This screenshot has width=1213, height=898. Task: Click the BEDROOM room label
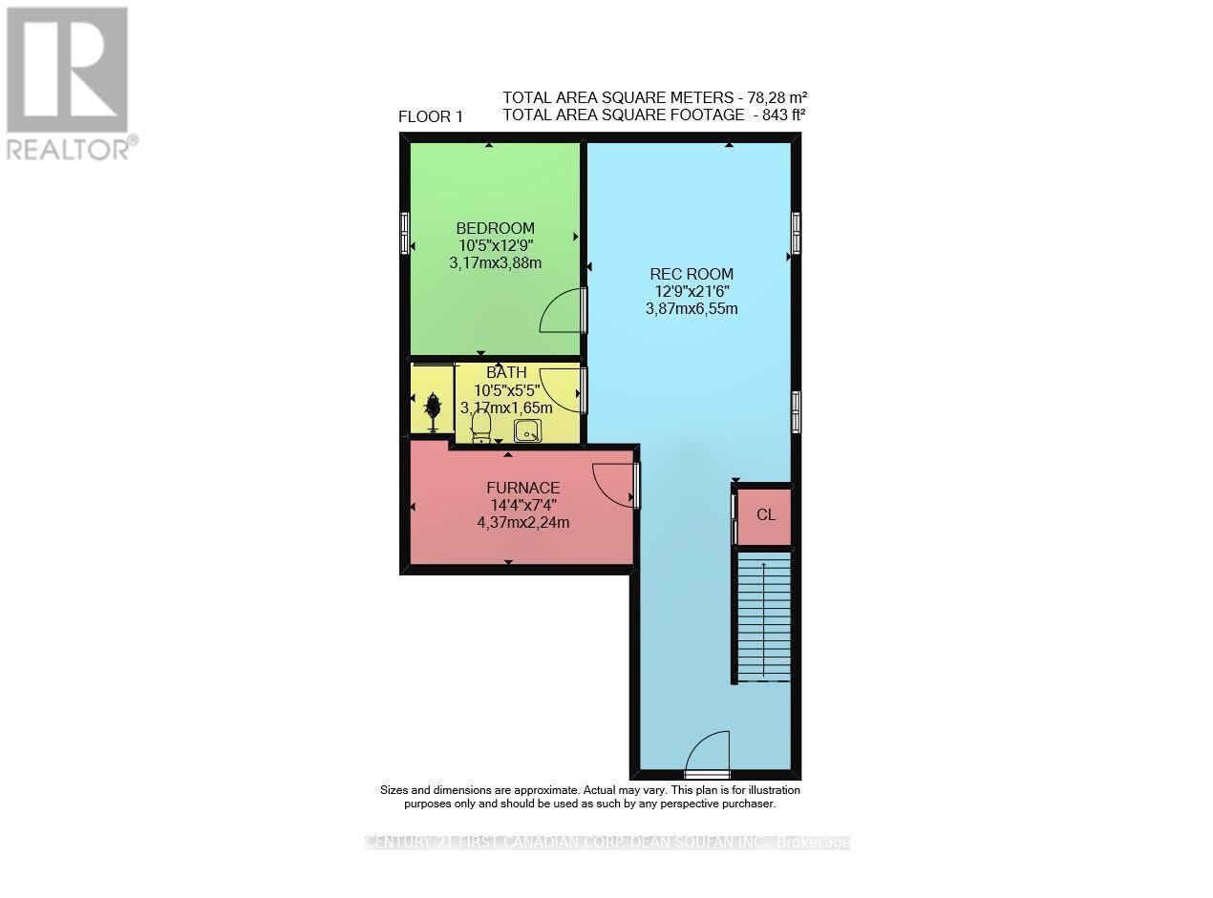point(495,228)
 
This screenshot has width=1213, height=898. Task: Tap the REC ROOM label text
point(691,274)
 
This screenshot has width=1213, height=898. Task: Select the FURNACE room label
point(522,488)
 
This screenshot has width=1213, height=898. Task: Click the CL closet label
point(766,514)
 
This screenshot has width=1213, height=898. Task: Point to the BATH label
point(506,372)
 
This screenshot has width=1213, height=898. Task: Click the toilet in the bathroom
point(480,424)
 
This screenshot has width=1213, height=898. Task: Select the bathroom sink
point(527,431)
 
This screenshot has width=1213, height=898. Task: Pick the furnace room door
point(615,485)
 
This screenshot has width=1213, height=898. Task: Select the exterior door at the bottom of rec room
point(708,754)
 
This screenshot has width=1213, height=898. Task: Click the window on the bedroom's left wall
point(404,232)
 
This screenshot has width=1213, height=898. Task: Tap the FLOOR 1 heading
point(431,117)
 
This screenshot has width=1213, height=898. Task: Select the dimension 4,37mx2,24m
point(522,522)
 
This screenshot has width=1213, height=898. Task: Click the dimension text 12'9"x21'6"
point(691,291)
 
